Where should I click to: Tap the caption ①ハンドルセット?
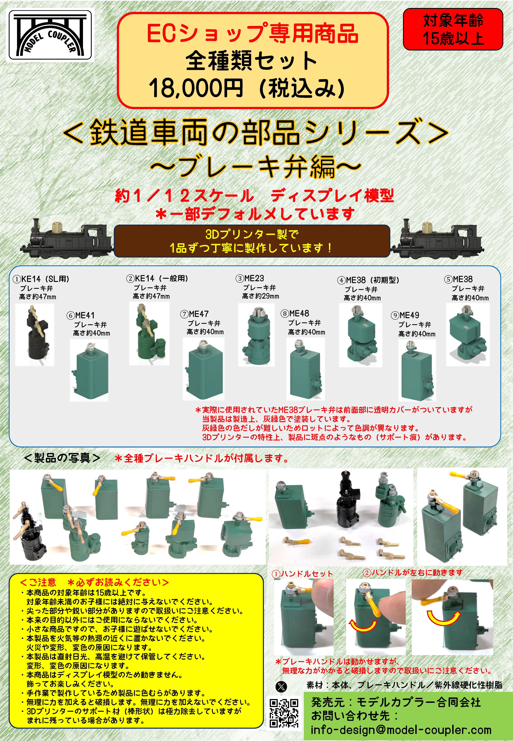pyautogui.click(x=302, y=574)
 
